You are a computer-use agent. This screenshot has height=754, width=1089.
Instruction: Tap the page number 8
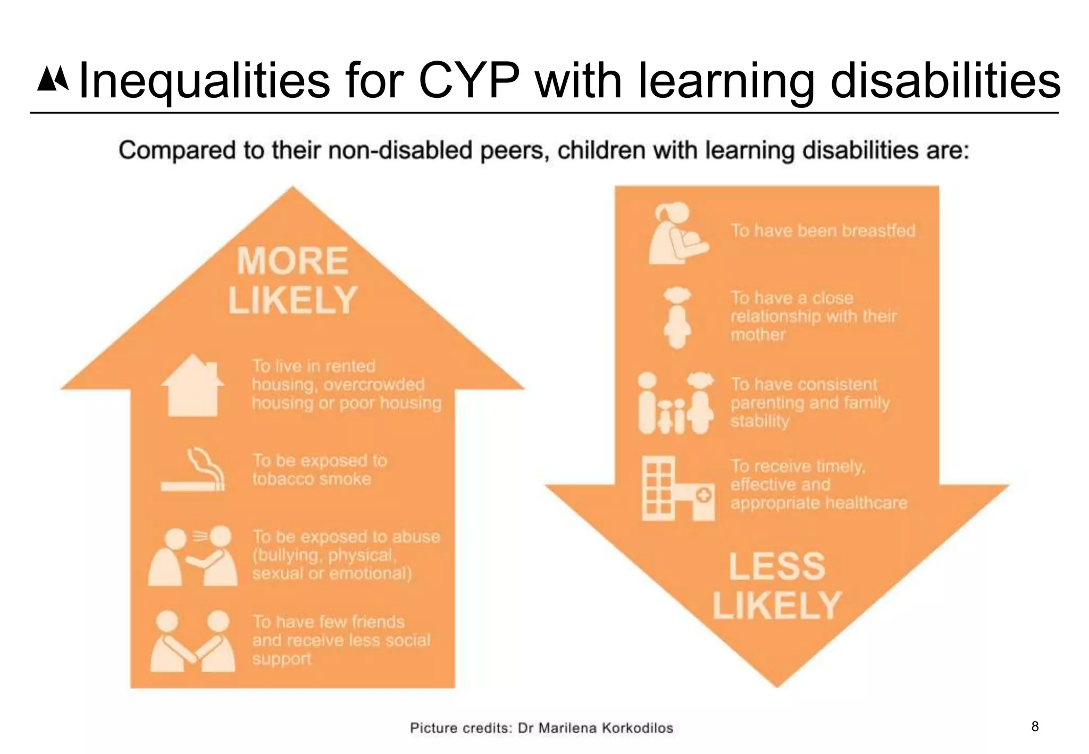pos(1035,726)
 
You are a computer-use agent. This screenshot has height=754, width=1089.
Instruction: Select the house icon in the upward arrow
pos(192,386)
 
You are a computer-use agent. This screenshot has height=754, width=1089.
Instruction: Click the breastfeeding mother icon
pos(677,233)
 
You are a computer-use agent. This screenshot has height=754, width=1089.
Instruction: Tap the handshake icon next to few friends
pos(192,641)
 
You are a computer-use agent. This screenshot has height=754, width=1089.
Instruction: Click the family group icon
pos(676,404)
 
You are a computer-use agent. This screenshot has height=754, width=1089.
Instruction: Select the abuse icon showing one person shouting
pos(192,556)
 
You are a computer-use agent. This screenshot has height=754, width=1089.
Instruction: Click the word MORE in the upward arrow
pos(292,261)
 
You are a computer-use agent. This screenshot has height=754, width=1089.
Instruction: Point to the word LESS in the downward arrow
pos(777,567)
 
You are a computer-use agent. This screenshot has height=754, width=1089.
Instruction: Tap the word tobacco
pos(281,479)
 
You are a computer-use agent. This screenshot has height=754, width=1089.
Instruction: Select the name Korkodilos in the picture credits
pos(637,728)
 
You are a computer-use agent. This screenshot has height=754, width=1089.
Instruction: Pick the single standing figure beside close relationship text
pos(677,319)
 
